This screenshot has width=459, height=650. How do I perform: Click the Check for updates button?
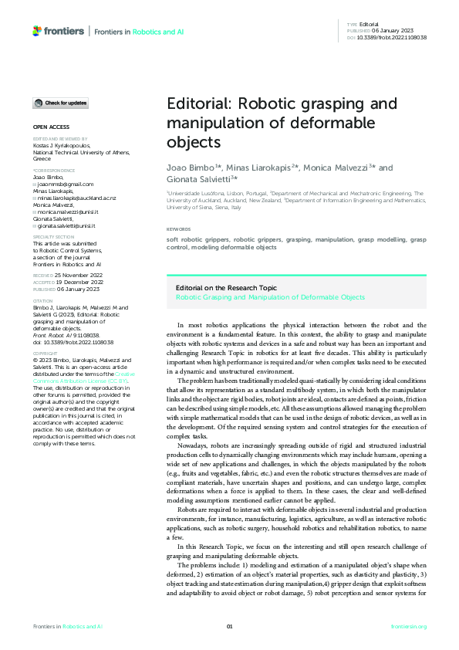click(x=60, y=103)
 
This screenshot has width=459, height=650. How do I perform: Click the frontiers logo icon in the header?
click(x=38, y=31)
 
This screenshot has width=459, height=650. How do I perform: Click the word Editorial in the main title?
click(x=195, y=105)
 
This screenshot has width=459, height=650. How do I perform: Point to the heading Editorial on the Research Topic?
click(x=227, y=288)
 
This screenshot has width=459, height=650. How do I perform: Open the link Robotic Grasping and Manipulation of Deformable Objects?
click(x=270, y=296)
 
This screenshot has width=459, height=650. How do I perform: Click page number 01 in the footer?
click(x=229, y=626)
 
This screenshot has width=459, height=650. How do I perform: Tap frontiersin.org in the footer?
click(x=409, y=626)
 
